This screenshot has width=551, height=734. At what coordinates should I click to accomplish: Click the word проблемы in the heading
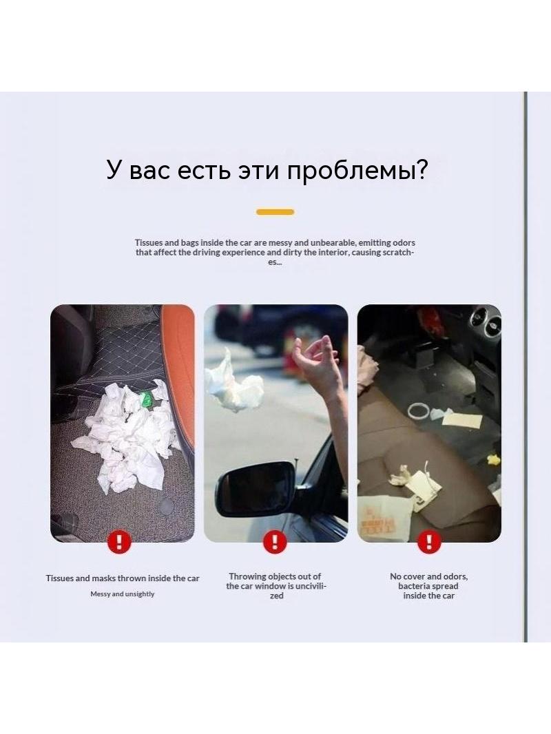tap(357, 170)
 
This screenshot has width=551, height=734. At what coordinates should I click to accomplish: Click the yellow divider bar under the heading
tap(275, 212)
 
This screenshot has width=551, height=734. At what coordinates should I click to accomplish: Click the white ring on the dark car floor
tap(419, 412)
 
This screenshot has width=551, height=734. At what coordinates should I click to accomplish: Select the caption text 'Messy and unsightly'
tap(122, 594)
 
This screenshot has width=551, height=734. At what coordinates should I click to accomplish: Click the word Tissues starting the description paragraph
tap(149, 242)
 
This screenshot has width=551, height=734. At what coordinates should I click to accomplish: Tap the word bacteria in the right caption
tap(415, 586)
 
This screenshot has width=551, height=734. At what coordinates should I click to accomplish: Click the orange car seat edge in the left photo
tap(180, 375)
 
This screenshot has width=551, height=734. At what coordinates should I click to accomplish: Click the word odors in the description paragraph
tap(404, 242)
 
